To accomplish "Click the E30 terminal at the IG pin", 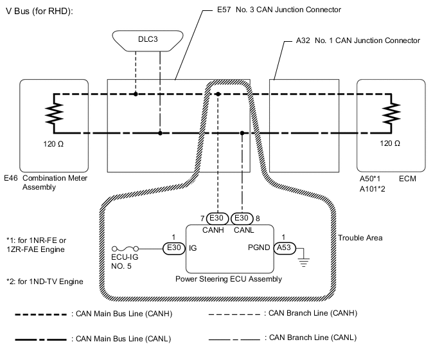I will pos(172,247).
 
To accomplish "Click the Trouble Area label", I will pos(360,238).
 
